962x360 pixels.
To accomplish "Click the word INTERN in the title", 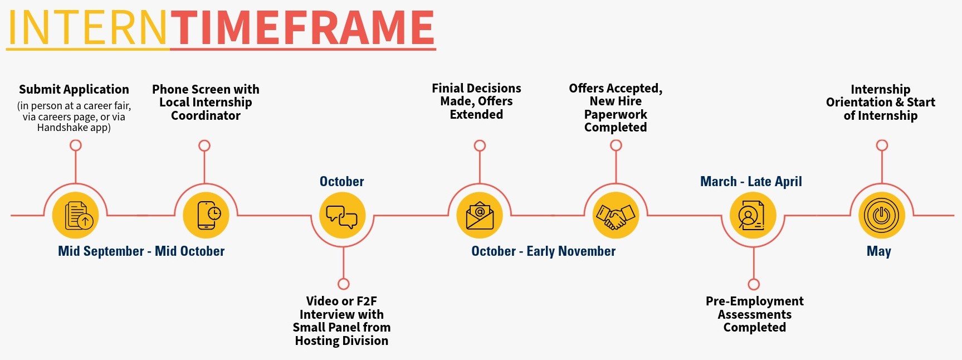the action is coord(87,28).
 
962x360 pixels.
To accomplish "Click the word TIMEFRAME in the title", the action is coord(302,28).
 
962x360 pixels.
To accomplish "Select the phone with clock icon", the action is coord(206,215).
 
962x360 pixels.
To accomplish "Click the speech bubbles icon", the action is coord(342,216).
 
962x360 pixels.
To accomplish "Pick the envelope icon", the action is coord(480,215).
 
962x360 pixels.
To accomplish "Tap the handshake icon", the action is coord(616,215).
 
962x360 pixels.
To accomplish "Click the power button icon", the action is coord(882,215).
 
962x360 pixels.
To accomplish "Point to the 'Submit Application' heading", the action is coord(74,90).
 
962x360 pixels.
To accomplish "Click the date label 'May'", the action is coord(879,251).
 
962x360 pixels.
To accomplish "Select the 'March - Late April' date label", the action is coord(751,182).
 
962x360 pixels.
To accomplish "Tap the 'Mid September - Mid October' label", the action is coord(141,251).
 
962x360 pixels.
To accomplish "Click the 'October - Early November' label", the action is coord(544,251).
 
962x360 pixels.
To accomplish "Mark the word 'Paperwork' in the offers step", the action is coord(616,114).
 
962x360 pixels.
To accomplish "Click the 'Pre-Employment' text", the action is coord(755,301).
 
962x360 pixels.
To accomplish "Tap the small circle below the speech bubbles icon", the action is coord(344,284).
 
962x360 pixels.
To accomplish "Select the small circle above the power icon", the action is coord(882,145).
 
